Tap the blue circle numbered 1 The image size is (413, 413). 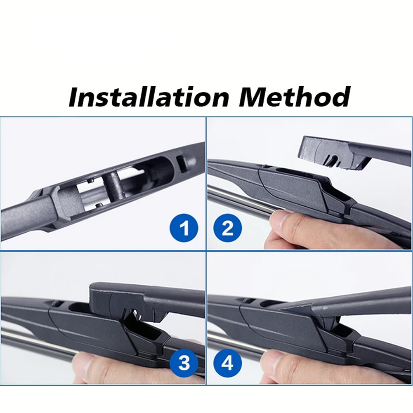pyautogui.click(x=184, y=228)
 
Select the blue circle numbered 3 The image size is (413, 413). pyautogui.click(x=184, y=362)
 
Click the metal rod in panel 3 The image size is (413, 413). pyautogui.click(x=40, y=340)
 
